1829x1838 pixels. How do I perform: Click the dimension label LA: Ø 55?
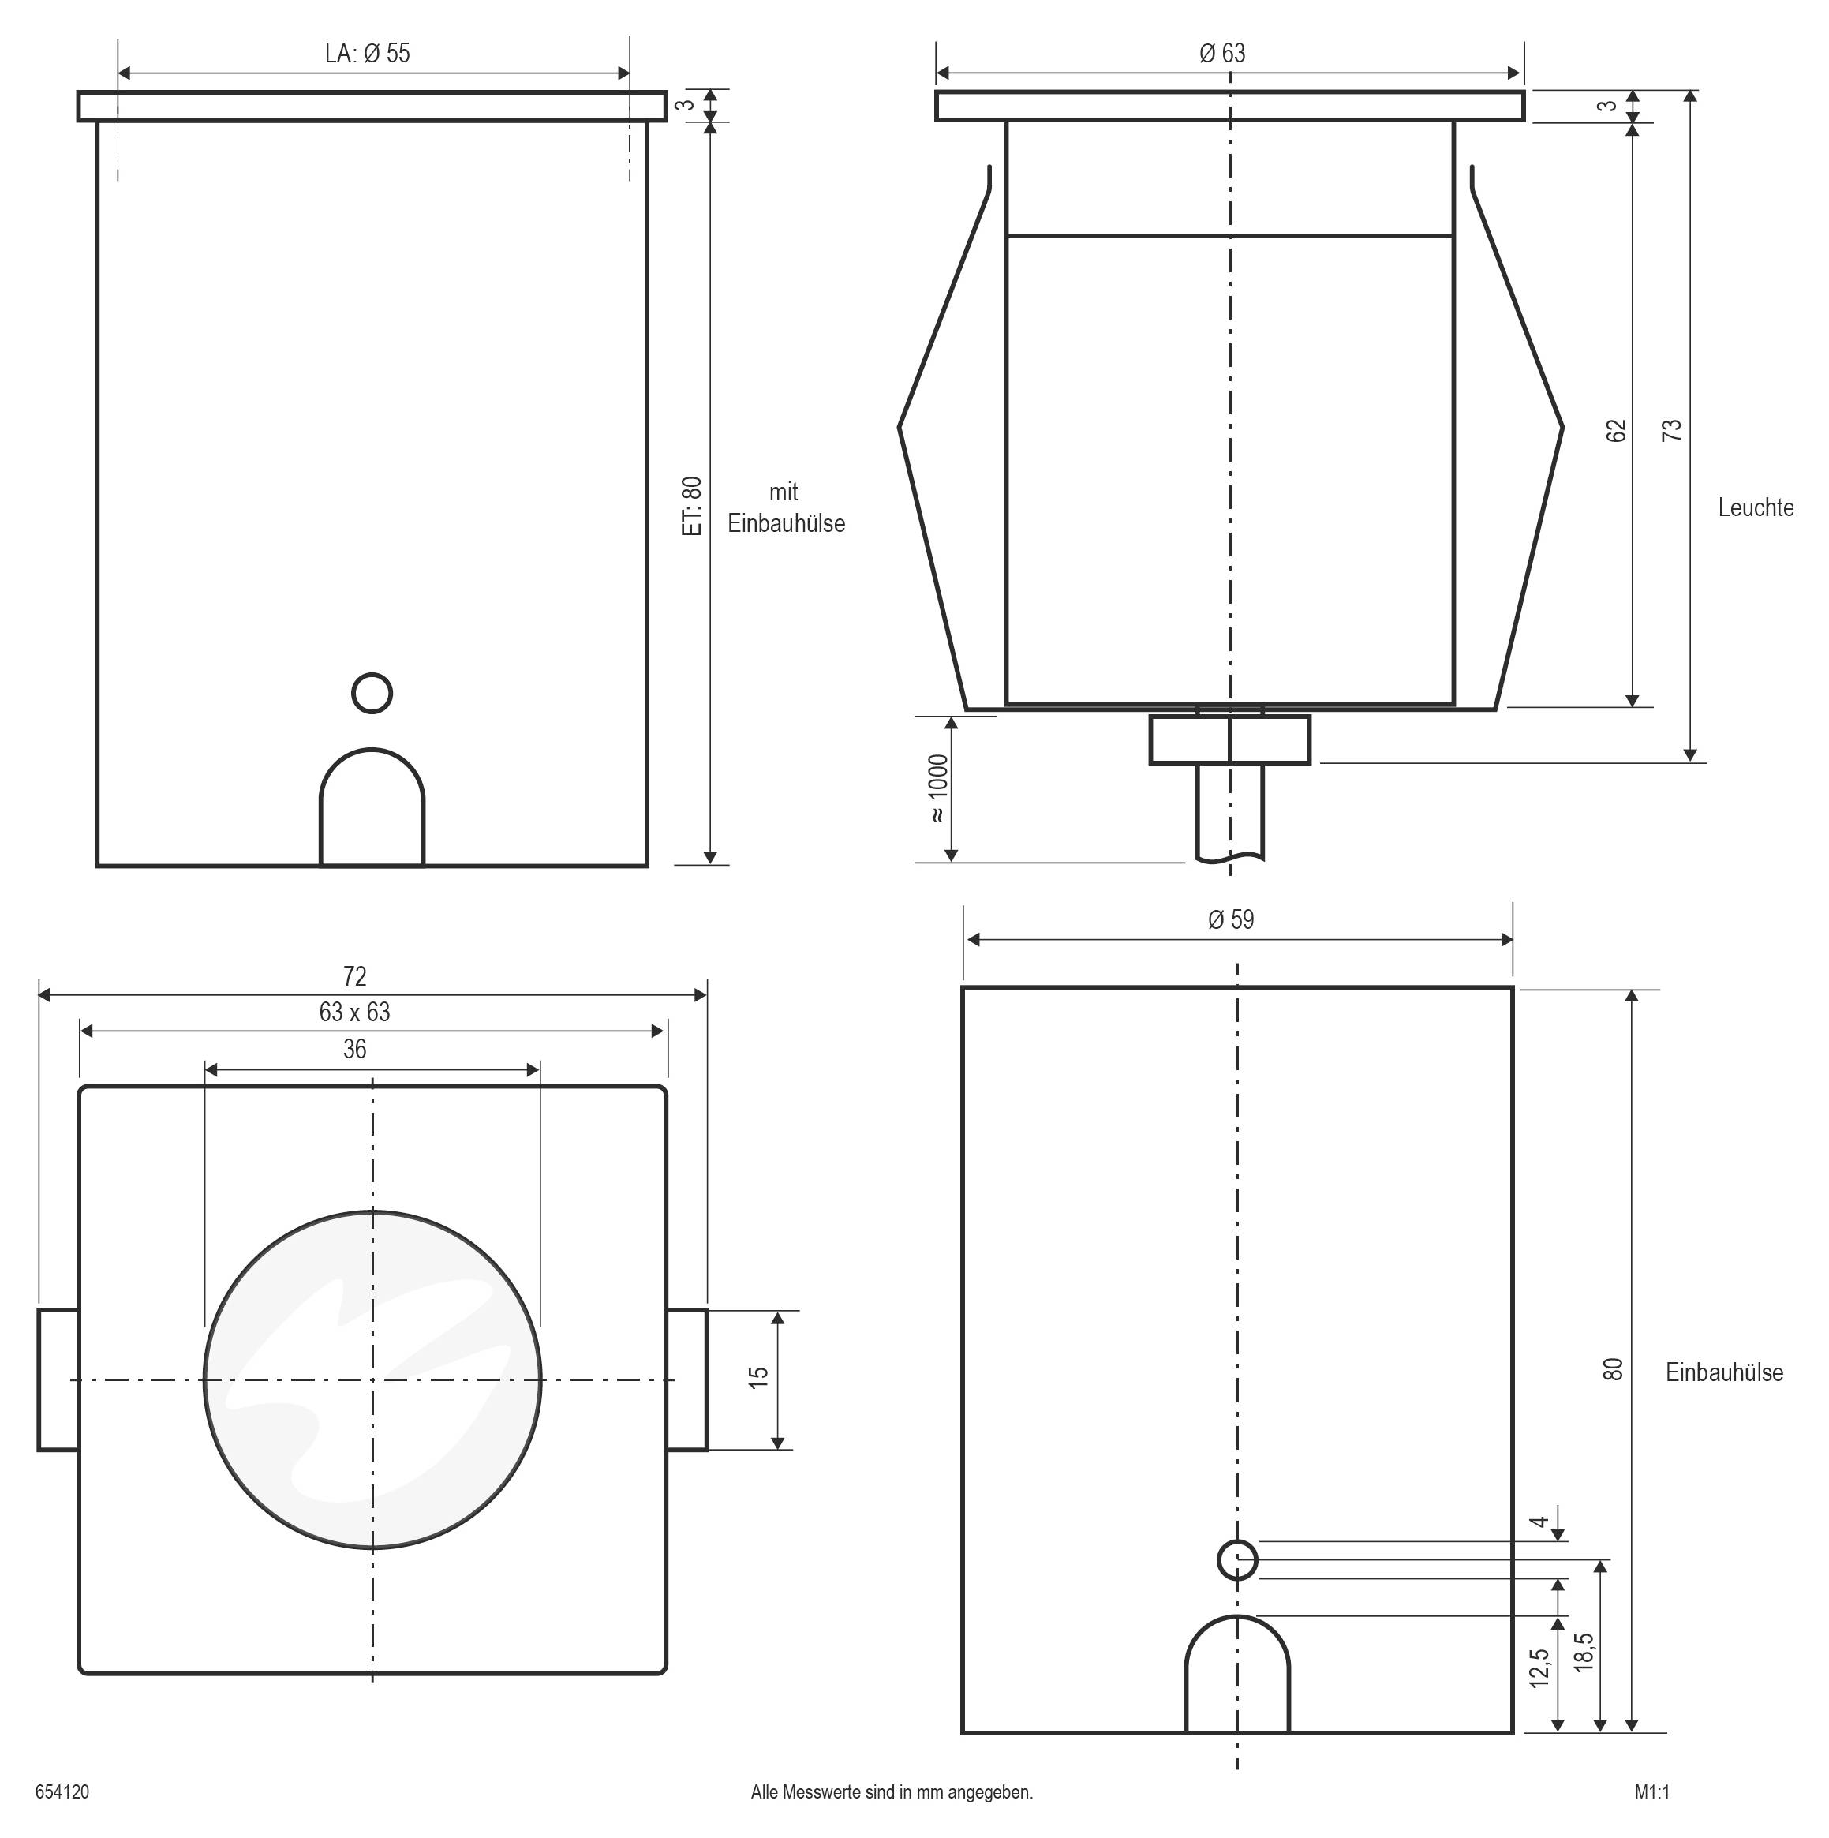[x=367, y=54]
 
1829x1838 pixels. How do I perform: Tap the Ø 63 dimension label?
[x=1223, y=54]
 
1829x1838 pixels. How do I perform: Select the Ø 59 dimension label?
[x=1232, y=920]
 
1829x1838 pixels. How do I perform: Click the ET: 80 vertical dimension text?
[x=694, y=506]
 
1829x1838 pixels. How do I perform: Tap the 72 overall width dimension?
[x=355, y=977]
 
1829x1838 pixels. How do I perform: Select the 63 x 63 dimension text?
[x=355, y=1013]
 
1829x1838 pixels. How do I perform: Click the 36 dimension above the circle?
[x=355, y=1050]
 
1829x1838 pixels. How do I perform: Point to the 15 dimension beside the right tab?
[x=759, y=1379]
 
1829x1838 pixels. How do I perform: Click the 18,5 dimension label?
[x=1584, y=1653]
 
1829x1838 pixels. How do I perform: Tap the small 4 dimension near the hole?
[x=1539, y=1523]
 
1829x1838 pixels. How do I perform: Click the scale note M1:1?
[x=1652, y=1792]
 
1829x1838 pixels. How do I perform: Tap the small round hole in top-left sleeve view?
[x=372, y=694]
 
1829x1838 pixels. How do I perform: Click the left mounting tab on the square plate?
[x=58, y=1380]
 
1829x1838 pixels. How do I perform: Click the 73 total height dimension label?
[x=1671, y=430]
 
